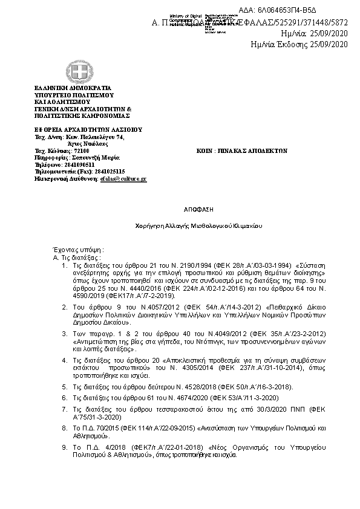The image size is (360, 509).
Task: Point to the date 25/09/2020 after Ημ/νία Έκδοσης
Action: point(330,45)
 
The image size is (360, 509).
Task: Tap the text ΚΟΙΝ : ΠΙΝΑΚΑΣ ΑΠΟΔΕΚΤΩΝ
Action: point(242,150)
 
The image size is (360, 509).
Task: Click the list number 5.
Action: point(65,386)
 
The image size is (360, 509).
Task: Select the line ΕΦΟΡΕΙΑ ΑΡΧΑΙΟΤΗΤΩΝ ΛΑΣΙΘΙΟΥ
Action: point(87,129)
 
